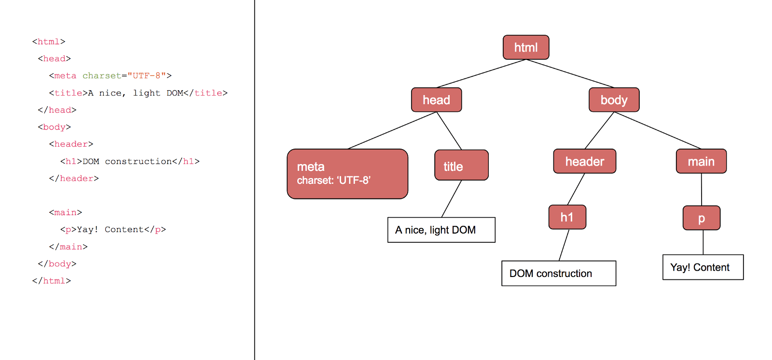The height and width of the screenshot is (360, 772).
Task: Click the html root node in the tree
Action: pos(526,47)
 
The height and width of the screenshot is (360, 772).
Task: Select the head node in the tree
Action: pos(436,100)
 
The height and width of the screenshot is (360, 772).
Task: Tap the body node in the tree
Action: pos(614,100)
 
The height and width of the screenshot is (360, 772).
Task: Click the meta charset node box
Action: pos(347,174)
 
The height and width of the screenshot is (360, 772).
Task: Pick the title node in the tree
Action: pos(461,165)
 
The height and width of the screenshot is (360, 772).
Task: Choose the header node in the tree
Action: pos(584,161)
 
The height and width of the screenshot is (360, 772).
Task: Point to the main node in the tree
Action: pos(701,161)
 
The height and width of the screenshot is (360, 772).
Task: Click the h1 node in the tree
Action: pos(567,217)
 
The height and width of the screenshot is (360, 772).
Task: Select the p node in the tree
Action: pos(702,218)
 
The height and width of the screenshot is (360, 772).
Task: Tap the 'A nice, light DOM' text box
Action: pos(441,230)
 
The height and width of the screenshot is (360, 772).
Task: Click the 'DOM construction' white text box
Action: pos(558,273)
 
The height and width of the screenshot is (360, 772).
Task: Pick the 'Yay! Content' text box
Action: pos(703,267)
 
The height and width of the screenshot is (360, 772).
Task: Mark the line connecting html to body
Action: pos(570,73)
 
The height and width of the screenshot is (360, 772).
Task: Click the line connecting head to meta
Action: pos(392,130)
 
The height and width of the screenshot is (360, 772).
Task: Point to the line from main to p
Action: pos(702,189)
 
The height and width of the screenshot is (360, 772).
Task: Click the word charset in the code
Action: pos(102,76)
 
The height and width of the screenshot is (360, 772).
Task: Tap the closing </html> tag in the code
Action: pos(52,281)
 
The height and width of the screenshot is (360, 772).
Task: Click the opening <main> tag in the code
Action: pos(65,212)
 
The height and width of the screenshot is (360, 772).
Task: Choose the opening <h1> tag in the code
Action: pos(71,161)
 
